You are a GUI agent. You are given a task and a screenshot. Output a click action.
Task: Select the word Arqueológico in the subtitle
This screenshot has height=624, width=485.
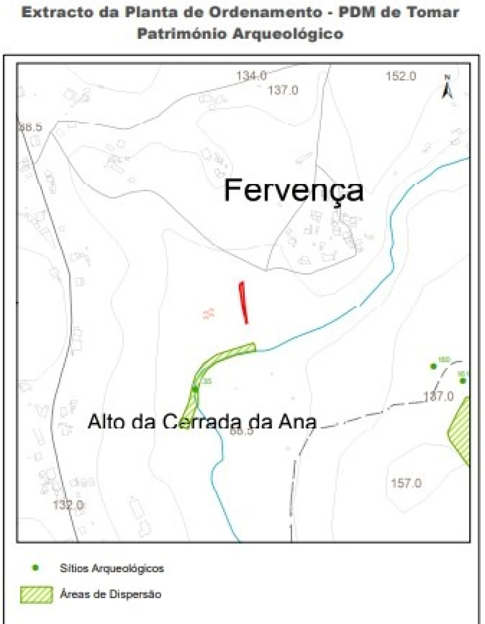(x=288, y=34)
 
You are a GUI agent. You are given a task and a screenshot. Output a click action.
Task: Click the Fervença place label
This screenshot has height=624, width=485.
(x=294, y=191)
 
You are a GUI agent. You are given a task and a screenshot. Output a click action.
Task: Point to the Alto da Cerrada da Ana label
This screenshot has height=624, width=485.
(x=202, y=421)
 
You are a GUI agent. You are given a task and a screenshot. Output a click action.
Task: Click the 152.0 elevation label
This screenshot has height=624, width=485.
(x=401, y=76)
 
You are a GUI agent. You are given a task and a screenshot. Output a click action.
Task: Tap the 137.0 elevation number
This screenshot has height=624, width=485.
(x=283, y=90)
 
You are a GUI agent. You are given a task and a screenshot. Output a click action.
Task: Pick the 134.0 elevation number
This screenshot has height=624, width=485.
(x=252, y=76)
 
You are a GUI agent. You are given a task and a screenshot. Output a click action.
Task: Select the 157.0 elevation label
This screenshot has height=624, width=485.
(x=406, y=483)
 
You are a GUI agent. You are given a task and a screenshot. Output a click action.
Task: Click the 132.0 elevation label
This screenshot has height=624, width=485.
(x=68, y=505)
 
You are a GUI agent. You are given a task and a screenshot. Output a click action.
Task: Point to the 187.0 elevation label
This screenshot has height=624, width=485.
(x=438, y=396)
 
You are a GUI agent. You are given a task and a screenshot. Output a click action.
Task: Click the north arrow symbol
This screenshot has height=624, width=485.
(x=447, y=88)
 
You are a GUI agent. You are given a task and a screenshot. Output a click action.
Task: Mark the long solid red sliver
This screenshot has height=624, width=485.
(x=243, y=303)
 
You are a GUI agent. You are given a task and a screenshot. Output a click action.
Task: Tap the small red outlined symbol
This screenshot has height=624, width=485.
(x=209, y=314)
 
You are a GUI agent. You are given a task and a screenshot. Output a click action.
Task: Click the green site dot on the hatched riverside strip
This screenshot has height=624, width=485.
(x=195, y=389)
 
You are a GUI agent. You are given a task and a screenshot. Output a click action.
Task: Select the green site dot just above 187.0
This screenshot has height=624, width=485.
(x=433, y=366)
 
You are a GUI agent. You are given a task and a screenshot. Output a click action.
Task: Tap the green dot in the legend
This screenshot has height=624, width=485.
(x=36, y=568)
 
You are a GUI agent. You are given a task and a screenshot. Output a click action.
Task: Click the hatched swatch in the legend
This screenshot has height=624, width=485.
(x=36, y=595)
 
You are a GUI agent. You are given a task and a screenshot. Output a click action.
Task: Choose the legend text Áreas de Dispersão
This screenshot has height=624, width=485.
(x=111, y=594)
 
